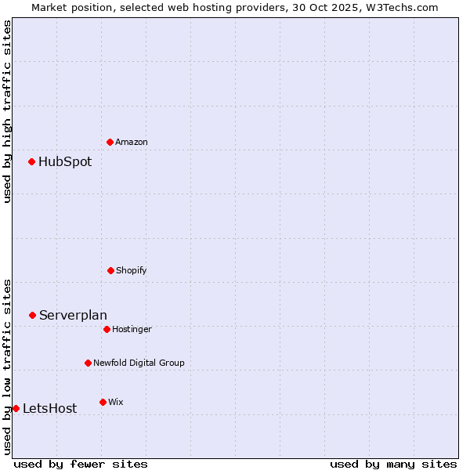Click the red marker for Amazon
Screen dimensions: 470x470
point(110,142)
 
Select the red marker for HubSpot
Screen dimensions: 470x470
point(32,162)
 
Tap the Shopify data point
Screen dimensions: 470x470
point(110,270)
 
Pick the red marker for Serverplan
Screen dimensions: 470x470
point(33,315)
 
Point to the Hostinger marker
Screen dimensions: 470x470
point(107,329)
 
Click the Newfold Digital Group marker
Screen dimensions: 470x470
point(88,363)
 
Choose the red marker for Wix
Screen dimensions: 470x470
point(103,402)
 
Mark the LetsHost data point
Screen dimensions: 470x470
point(16,408)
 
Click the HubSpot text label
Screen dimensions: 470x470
point(65,162)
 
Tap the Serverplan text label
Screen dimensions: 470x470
point(73,315)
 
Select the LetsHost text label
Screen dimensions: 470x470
point(49,408)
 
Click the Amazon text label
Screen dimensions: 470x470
point(132,142)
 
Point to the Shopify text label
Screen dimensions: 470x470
point(132,270)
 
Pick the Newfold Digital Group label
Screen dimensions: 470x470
point(139,363)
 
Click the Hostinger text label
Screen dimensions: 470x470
point(132,329)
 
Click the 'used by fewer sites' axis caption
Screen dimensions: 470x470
point(81,464)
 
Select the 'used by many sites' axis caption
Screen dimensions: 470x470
point(393,464)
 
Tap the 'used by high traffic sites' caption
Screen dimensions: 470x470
point(7,111)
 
